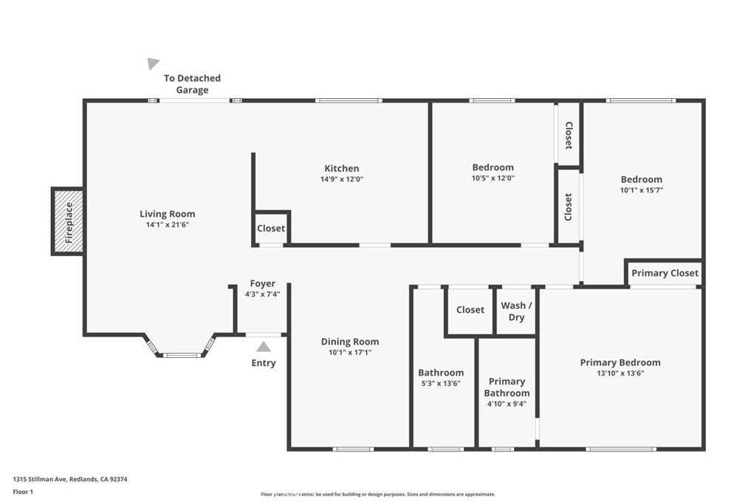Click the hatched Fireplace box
click(x=68, y=221)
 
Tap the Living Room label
click(x=168, y=214)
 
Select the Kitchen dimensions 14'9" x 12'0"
click(x=342, y=179)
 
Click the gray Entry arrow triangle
click(x=264, y=347)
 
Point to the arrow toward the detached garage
click(x=153, y=63)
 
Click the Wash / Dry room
click(x=516, y=311)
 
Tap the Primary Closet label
click(x=665, y=273)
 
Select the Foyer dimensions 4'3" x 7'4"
click(x=263, y=294)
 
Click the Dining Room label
click(x=350, y=342)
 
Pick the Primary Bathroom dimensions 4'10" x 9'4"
click(x=506, y=404)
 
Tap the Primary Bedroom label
click(x=620, y=362)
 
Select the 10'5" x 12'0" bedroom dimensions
click(x=492, y=179)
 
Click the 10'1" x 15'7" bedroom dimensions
click(x=642, y=190)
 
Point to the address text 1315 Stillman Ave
click(x=40, y=480)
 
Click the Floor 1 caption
click(x=23, y=492)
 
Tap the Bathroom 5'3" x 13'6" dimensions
click(x=441, y=384)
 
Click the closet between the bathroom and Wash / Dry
click(x=470, y=310)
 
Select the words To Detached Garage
click(x=192, y=84)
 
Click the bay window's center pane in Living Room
click(x=182, y=356)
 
